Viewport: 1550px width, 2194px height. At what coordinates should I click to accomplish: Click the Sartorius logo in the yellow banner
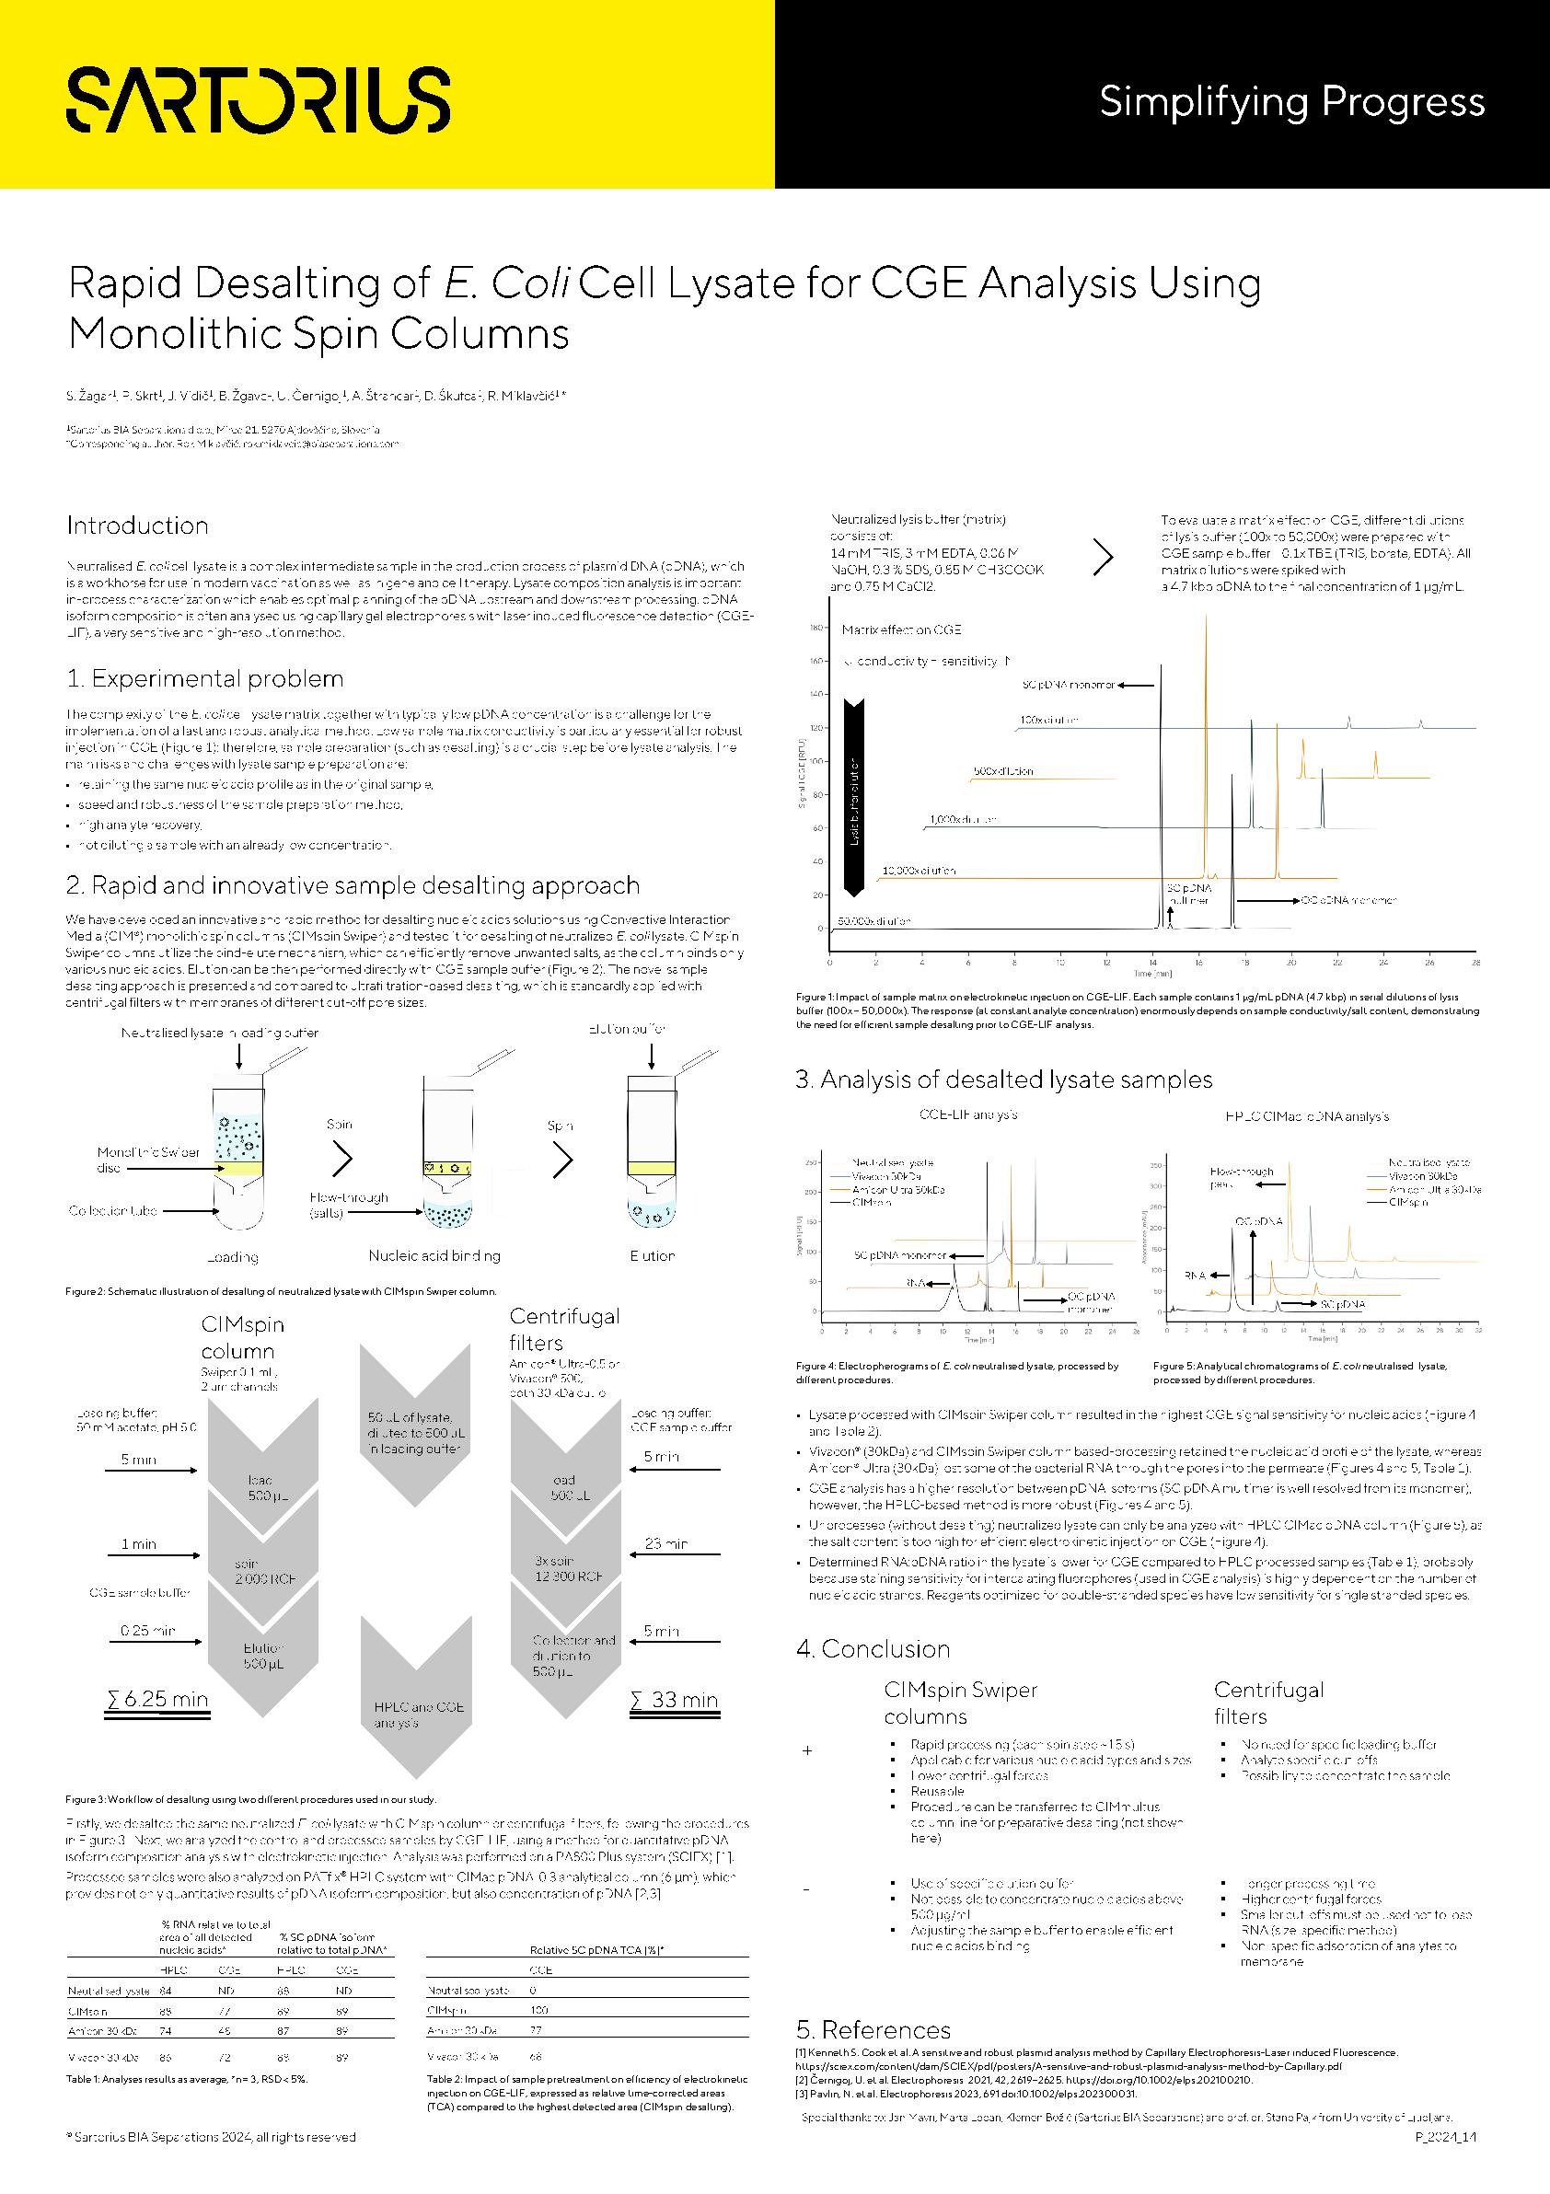tap(258, 99)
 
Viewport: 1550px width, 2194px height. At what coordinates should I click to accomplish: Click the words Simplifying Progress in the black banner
tap(1291, 101)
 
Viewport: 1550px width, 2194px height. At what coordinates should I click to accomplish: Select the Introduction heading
tap(138, 525)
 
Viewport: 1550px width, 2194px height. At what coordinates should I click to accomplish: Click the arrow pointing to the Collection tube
tap(191, 1211)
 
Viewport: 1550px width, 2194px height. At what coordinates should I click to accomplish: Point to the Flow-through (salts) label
tap(349, 1204)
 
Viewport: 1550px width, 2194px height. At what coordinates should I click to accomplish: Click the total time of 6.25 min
tap(157, 1699)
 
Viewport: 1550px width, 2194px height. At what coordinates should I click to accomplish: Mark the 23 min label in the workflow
tap(666, 1543)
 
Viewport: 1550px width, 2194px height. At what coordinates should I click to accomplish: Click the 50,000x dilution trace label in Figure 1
tap(873, 921)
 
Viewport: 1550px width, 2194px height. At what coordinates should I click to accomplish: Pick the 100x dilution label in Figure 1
tap(1048, 720)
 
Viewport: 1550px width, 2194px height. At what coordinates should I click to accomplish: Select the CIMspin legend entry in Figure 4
tap(872, 1202)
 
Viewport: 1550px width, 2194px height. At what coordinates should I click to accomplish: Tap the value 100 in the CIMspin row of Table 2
tap(540, 2011)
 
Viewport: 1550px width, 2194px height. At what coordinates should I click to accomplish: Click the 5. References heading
tap(873, 2029)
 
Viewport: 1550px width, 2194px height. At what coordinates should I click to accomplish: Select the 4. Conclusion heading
tap(873, 1648)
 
